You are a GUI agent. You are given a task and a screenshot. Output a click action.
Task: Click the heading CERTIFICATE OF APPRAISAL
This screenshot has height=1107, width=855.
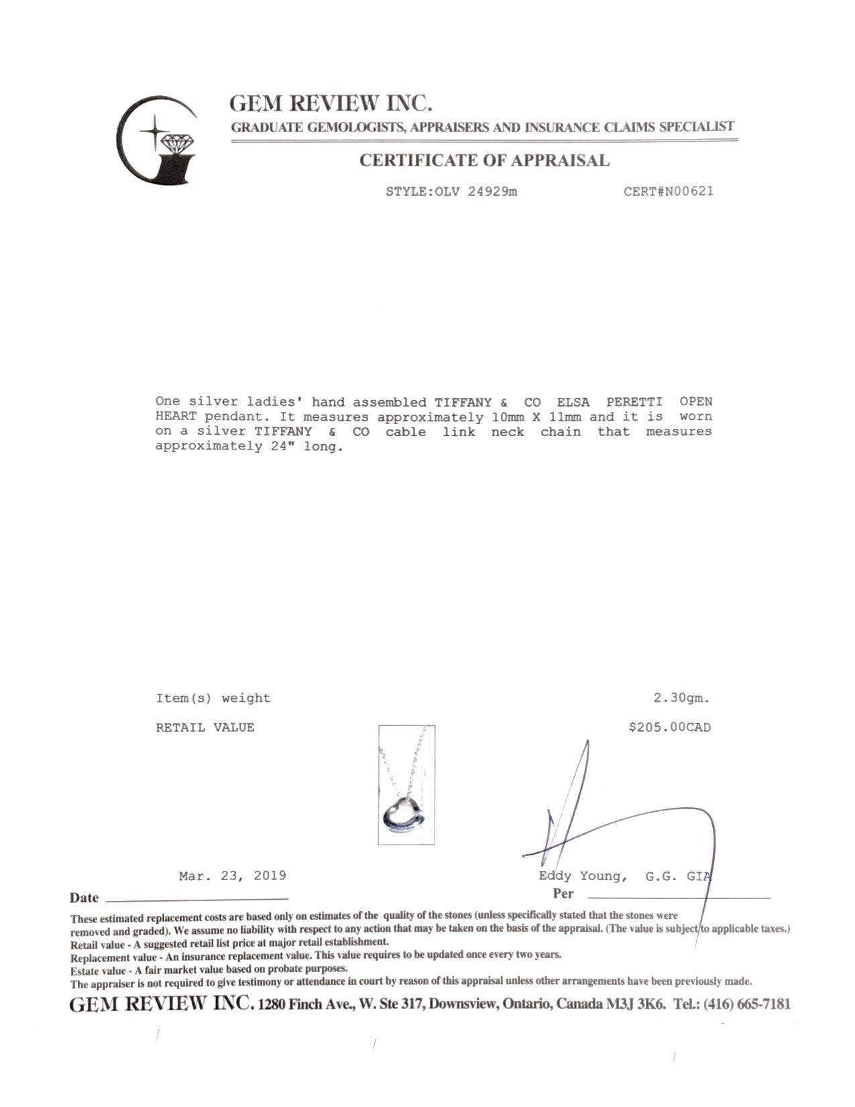click(484, 160)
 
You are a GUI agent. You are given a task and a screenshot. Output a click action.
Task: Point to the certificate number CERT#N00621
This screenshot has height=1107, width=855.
click(669, 191)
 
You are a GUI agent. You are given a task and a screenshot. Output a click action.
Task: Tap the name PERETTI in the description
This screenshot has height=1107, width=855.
click(634, 402)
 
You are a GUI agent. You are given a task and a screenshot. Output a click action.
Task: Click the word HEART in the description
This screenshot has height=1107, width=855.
click(172, 417)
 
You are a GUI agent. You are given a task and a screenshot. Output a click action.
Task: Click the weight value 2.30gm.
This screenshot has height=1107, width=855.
click(681, 698)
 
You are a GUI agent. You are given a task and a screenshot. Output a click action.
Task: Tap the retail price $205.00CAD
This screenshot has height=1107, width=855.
click(669, 727)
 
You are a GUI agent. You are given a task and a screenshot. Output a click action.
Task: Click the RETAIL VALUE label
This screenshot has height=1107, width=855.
click(205, 727)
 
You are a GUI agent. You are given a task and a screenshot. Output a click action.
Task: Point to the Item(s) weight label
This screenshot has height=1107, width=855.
click(213, 698)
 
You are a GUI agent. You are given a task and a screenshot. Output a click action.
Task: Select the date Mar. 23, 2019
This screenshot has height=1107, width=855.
click(233, 876)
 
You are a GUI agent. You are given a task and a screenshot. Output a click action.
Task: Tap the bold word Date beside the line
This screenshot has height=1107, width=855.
click(84, 898)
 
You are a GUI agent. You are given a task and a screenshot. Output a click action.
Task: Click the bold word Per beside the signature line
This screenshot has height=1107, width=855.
click(563, 894)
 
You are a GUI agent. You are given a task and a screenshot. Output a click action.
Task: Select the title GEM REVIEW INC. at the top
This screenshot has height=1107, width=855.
click(331, 103)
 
